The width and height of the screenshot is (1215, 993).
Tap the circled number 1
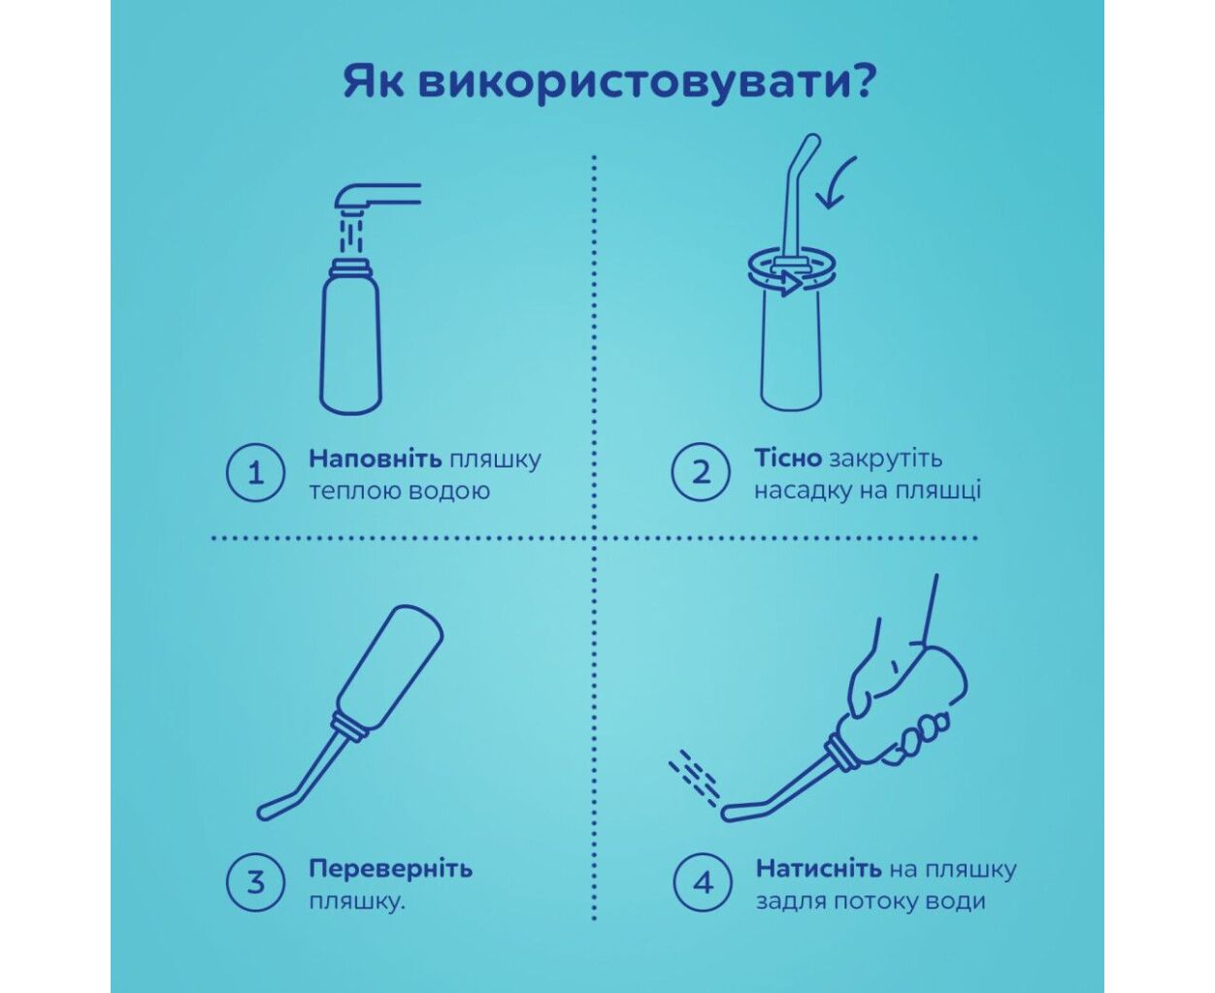coord(255,472)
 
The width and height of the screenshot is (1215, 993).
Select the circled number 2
coord(701,471)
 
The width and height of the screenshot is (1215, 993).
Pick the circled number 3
coord(255,882)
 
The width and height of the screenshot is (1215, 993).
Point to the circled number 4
coord(703,882)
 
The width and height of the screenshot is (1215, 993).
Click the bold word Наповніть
coord(375,460)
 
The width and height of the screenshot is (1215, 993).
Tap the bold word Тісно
coord(788,459)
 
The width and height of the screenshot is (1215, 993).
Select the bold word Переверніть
coord(390,869)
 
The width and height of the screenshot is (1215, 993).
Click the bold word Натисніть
coord(819,869)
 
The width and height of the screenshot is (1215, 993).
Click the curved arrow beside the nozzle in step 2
coord(836,183)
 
